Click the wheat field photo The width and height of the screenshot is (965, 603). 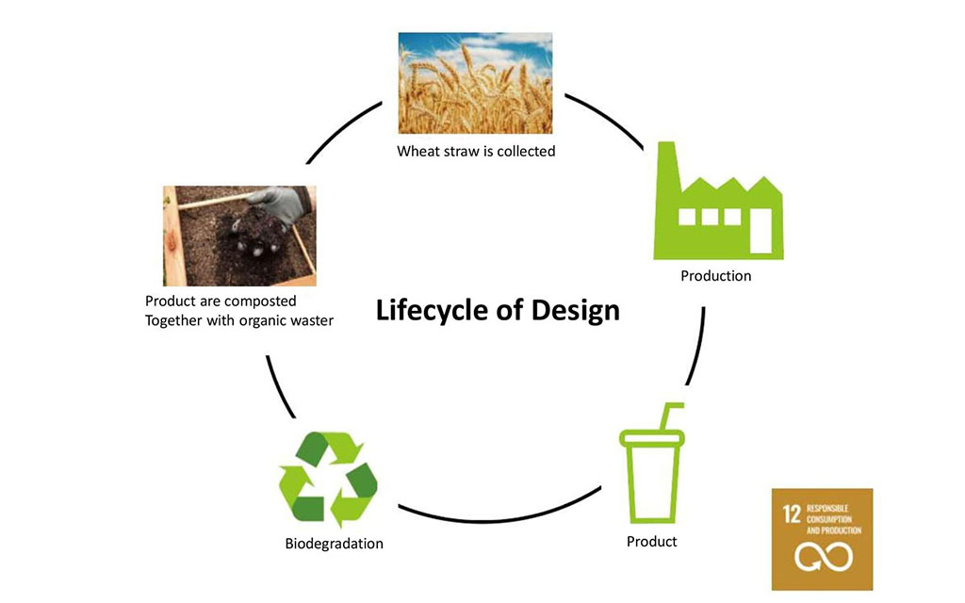[475, 83]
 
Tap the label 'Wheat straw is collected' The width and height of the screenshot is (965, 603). [476, 151]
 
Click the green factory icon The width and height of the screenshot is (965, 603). [718, 212]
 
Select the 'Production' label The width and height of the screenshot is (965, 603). [716, 276]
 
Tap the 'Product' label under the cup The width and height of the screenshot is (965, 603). [652, 542]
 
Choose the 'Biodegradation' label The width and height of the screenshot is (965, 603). [335, 544]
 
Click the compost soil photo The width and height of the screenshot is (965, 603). [239, 236]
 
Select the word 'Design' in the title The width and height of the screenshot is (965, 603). [576, 310]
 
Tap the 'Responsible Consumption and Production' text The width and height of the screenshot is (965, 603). [834, 518]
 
